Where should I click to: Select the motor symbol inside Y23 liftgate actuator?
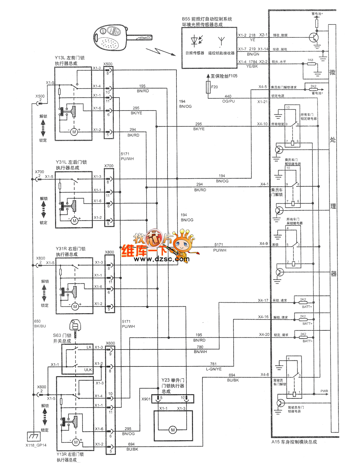pyautogui.click(x=173, y=430)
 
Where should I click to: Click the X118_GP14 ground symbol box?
pyautogui.click(x=33, y=436)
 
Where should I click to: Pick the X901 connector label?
pyautogui.click(x=146, y=399)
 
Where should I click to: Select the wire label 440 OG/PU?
pyautogui.click(x=228, y=99)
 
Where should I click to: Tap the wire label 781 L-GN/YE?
pyautogui.click(x=213, y=366)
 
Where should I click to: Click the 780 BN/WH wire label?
pyautogui.click(x=200, y=349)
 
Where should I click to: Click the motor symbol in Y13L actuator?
pyautogui.click(x=74, y=132)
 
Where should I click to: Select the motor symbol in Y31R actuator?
pyautogui.click(x=75, y=306)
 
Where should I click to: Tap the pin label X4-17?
pyautogui.click(x=263, y=300)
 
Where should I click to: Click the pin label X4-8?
pyautogui.click(x=265, y=375)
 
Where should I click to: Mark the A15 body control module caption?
pyautogui.click(x=294, y=442)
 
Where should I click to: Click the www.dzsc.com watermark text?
pyautogui.click(x=162, y=259)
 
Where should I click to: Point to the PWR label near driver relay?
pyautogui.click(x=324, y=391)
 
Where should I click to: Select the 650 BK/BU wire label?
pyautogui.click(x=40, y=324)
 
